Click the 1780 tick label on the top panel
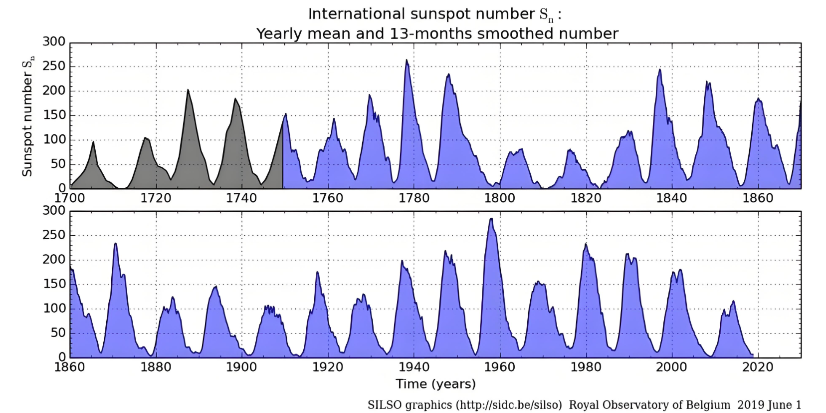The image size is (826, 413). pyautogui.click(x=413, y=198)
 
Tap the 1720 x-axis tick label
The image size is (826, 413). pyautogui.click(x=156, y=198)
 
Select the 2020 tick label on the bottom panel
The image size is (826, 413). pyautogui.click(x=758, y=367)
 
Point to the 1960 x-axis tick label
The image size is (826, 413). pyautogui.click(x=500, y=367)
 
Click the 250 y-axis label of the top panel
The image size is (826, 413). pyautogui.click(x=54, y=66)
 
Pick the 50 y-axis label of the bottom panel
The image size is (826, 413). pyautogui.click(x=58, y=333)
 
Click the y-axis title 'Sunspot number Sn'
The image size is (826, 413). pyautogui.click(x=27, y=116)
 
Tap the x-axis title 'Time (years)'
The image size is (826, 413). pyautogui.click(x=435, y=384)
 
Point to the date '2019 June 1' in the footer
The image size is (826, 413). pyautogui.click(x=769, y=405)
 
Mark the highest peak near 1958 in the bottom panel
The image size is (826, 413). pyautogui.click(x=491, y=219)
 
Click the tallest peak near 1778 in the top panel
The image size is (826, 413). pyautogui.click(x=407, y=60)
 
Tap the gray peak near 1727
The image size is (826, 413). pyautogui.click(x=188, y=90)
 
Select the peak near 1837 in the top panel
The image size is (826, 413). pyautogui.click(x=660, y=70)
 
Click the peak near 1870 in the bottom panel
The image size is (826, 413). pyautogui.click(x=115, y=244)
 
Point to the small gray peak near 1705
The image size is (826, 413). pyautogui.click(x=93, y=142)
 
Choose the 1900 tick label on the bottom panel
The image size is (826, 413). pyautogui.click(x=241, y=367)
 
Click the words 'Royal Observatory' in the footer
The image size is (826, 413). pyautogui.click(x=615, y=405)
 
